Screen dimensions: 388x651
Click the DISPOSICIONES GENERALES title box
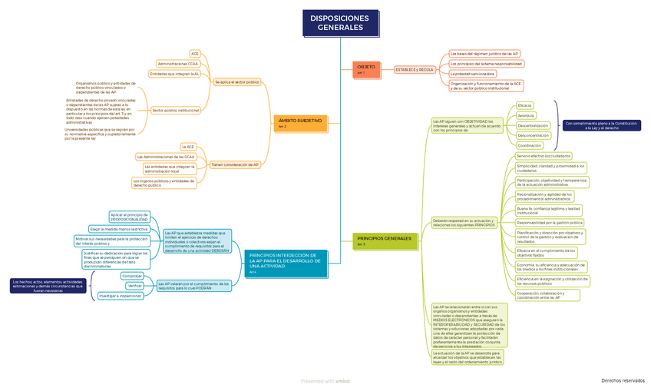pos(339,23)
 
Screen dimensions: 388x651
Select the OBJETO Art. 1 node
pos(366,69)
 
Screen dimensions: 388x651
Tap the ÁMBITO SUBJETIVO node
pos(299,122)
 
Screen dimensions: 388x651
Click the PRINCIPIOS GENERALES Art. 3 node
pos(384,240)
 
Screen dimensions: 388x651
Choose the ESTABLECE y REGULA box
pos(415,69)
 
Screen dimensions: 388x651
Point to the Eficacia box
pos(524,104)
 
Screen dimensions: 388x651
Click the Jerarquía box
pos(526,114)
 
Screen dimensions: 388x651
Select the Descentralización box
pos(533,125)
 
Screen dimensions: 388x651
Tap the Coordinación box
pos(529,145)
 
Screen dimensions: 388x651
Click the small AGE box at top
pos(195,54)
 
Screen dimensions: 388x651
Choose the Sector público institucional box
pos(176,110)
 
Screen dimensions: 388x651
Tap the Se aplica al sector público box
pos(236,81)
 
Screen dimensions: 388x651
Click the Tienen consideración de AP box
pos(235,164)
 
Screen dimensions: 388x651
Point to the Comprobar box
pos(132,275)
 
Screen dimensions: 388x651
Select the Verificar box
pos(135,285)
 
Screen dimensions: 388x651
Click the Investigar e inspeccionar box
pos(120,296)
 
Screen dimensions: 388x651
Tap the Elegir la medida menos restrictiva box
pos(118,229)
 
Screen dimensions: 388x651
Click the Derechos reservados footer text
pos(622,380)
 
